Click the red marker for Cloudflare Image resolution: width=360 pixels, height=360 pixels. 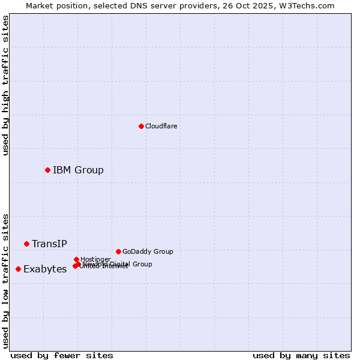point(141,126)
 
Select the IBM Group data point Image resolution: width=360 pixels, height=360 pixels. point(47,170)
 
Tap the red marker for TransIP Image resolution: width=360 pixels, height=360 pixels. point(26,244)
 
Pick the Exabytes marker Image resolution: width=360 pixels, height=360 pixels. point(18,269)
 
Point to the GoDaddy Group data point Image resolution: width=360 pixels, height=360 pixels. point(118,251)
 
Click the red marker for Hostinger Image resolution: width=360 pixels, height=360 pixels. point(76,259)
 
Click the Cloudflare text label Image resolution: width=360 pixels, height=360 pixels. point(161,126)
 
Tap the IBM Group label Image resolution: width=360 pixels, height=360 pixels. point(78,170)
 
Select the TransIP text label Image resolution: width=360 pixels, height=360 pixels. point(49,244)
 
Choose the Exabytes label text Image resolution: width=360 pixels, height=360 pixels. point(45,269)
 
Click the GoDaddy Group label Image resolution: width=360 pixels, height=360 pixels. point(147,251)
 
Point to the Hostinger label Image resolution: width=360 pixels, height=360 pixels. point(95,259)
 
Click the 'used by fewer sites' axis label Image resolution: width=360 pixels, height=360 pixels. point(62,355)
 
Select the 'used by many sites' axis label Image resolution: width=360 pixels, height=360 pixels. point(301,355)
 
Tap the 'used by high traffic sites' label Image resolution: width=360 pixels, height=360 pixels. point(5,85)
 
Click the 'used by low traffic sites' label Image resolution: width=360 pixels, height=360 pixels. point(5,281)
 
